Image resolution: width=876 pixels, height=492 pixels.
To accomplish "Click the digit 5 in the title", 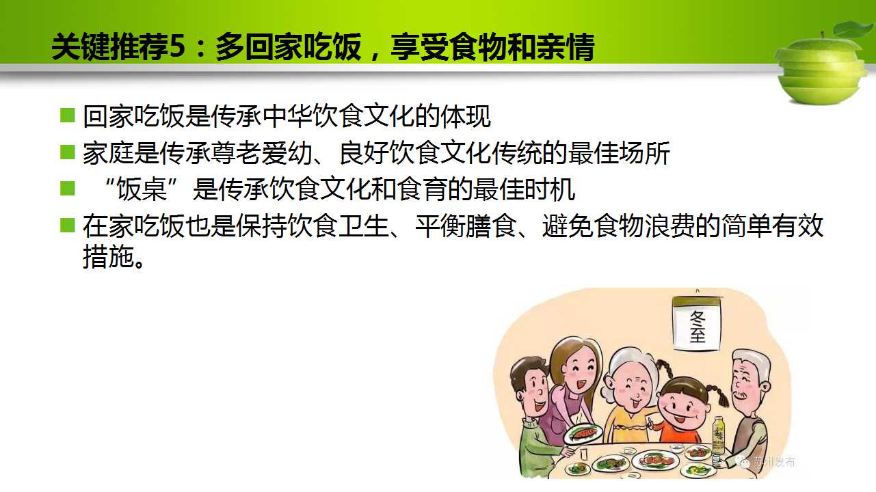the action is click(x=176, y=46).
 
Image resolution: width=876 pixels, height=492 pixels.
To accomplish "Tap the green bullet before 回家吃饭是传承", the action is click(x=67, y=115).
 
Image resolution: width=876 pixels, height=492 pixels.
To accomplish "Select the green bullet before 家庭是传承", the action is click(x=67, y=152).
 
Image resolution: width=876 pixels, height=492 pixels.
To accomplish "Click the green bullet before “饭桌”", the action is click(x=67, y=188).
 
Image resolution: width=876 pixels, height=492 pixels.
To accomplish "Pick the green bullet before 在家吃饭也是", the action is click(x=67, y=225).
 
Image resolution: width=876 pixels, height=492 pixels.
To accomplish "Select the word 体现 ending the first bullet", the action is click(x=466, y=116).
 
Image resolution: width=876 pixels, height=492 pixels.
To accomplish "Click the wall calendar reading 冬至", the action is click(x=697, y=323).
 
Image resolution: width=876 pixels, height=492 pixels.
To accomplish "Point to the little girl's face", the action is click(x=682, y=409).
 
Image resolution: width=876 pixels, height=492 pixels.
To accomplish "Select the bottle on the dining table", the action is click(x=718, y=436).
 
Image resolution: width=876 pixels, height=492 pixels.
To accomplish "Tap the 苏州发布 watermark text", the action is click(x=774, y=463).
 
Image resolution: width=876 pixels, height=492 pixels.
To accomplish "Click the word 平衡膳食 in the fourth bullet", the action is click(x=466, y=226).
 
